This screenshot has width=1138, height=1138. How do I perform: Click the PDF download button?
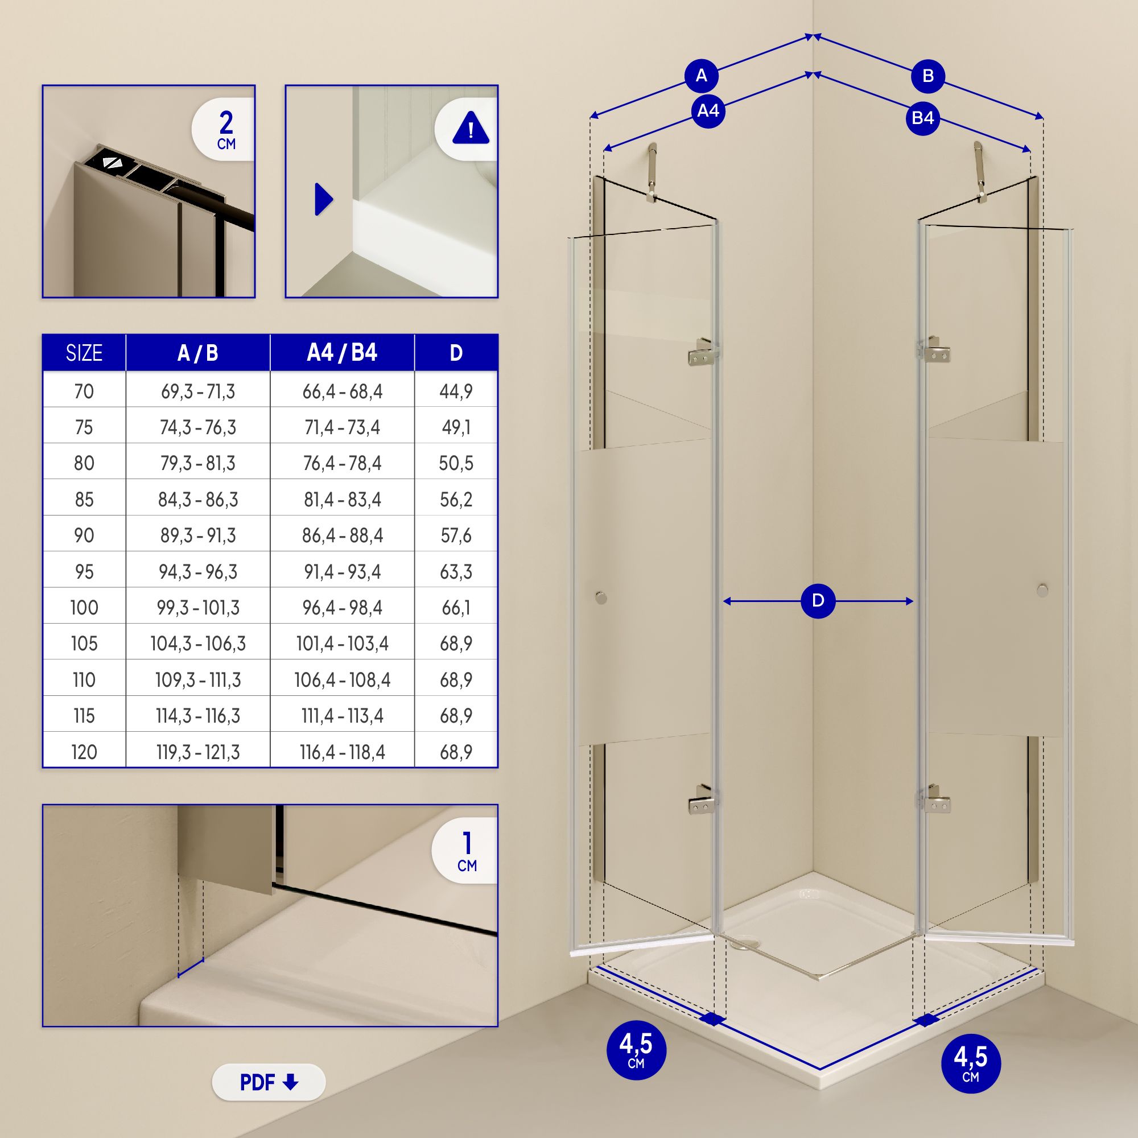pyautogui.click(x=269, y=1082)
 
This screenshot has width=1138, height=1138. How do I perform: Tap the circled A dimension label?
pyautogui.click(x=701, y=76)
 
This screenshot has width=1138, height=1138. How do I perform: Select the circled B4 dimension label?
pyautogui.click(x=922, y=118)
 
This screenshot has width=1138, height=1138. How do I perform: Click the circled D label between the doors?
pyautogui.click(x=818, y=601)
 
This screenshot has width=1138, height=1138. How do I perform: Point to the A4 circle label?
pyautogui.click(x=708, y=111)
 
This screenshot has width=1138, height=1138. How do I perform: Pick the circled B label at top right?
pyautogui.click(x=927, y=76)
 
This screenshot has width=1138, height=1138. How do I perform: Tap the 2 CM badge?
pyautogui.click(x=224, y=130)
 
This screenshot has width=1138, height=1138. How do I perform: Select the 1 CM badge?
pyautogui.click(x=465, y=851)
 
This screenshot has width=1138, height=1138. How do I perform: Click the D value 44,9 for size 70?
pyautogui.click(x=456, y=391)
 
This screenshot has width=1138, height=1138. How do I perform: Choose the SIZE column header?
pyautogui.click(x=84, y=353)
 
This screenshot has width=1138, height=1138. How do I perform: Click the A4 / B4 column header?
pyautogui.click(x=342, y=352)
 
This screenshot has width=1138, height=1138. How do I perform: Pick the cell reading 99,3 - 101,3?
pyautogui.click(x=198, y=607)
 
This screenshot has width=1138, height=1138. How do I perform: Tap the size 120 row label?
pyautogui.click(x=84, y=752)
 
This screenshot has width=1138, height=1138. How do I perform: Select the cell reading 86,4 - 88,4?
pyautogui.click(x=342, y=535)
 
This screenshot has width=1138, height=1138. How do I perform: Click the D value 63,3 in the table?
pyautogui.click(x=456, y=571)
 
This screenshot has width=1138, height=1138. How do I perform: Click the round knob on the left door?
pyautogui.click(x=600, y=597)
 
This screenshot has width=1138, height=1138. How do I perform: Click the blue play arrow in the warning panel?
pyautogui.click(x=324, y=199)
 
